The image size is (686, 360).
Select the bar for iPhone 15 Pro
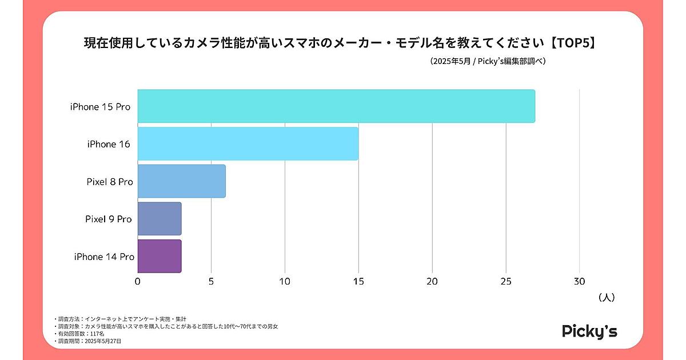coord(336,106)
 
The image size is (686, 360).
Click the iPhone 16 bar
coord(248,143)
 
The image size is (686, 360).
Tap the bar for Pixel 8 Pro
coord(181,181)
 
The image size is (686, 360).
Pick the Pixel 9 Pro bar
coord(159,219)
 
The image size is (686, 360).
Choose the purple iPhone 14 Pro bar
coord(159,256)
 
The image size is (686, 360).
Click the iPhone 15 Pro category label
coord(101,107)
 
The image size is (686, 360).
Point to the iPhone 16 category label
coord(109,144)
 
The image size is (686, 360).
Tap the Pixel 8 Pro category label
coord(110,182)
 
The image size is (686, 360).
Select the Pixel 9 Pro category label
coord(109,219)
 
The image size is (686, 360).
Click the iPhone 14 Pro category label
coord(104,257)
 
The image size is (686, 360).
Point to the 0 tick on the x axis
coord(137,281)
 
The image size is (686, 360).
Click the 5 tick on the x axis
coord(212,281)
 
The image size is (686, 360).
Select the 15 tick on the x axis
coord(358,281)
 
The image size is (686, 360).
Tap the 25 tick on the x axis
coord(506,281)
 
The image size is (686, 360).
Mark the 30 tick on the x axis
coord(579,281)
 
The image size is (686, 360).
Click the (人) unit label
coord(606,297)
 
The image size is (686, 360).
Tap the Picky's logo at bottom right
coord(589,331)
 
